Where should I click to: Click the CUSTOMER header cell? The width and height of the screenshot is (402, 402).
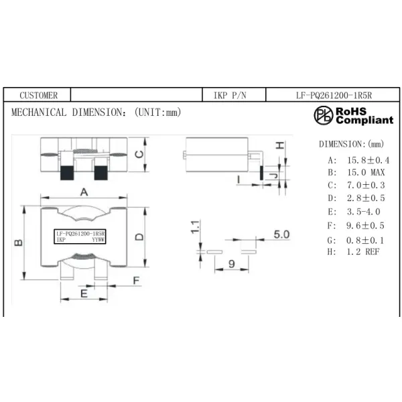[39, 96]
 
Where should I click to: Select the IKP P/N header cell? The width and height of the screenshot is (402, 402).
[230, 96]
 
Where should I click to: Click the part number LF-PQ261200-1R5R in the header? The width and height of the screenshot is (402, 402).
[334, 96]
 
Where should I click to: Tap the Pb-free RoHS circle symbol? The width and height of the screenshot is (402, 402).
[324, 115]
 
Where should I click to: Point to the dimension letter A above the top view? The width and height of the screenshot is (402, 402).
[84, 191]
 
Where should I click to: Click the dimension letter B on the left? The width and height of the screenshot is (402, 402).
[19, 242]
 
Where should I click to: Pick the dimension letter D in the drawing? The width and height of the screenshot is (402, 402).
[139, 236]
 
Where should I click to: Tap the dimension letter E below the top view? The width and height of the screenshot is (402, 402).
[84, 293]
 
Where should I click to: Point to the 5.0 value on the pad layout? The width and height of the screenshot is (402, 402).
[281, 234]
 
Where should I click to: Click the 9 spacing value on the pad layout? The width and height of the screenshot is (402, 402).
[231, 265]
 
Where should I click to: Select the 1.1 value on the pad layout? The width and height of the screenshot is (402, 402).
[195, 227]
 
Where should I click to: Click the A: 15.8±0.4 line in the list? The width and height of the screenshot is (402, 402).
[358, 161]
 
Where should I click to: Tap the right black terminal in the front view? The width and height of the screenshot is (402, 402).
[100, 172]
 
